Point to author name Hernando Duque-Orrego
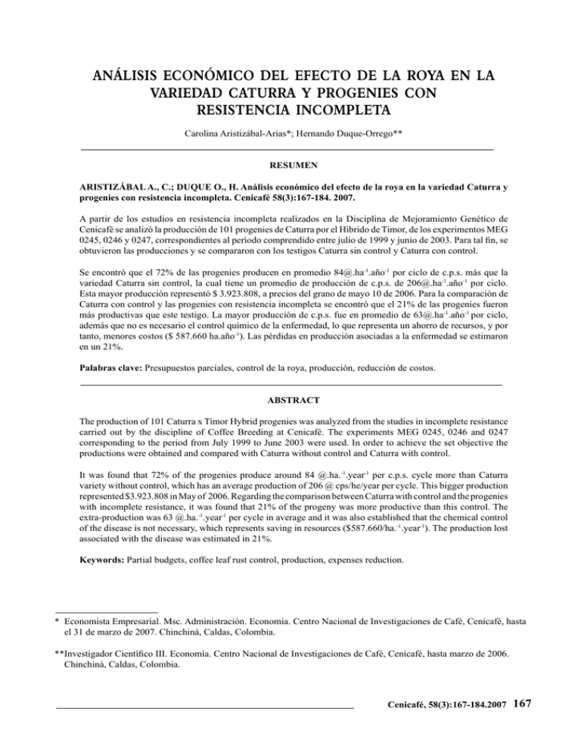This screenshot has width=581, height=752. [x=350, y=138]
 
